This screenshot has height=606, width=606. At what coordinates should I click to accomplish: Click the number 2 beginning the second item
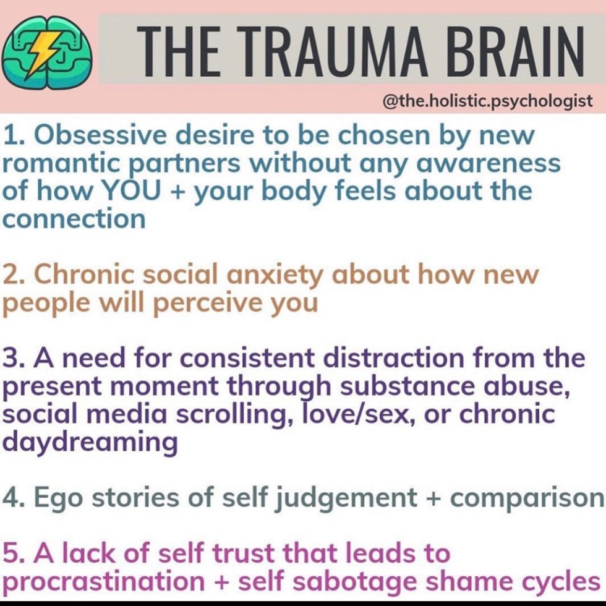pos(11,275)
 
